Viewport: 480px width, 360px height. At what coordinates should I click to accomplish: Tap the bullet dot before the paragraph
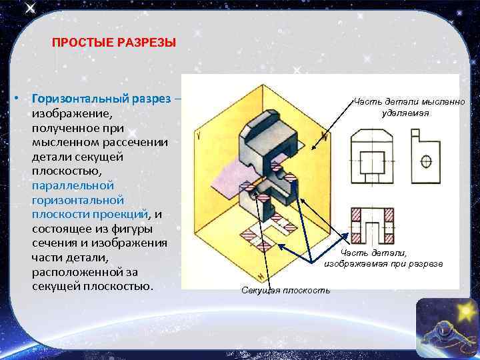(x=16, y=99)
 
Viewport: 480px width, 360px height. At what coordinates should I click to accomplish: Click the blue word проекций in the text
(x=125, y=214)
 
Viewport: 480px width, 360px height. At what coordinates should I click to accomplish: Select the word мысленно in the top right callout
(x=437, y=101)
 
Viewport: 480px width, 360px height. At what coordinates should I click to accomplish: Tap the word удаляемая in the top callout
(x=406, y=113)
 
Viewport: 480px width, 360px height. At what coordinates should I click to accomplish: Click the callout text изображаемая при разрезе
(x=384, y=264)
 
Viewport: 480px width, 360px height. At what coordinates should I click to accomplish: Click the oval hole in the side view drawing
(x=427, y=161)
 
